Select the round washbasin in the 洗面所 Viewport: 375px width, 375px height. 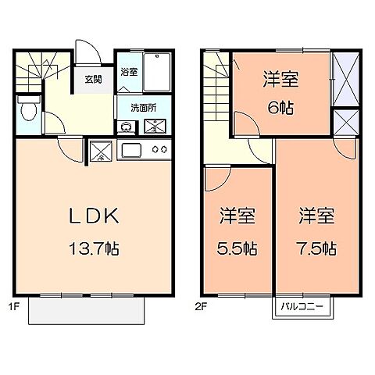click(125, 127)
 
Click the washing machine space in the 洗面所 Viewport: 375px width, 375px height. click(155, 127)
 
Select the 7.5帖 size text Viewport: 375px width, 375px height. click(316, 250)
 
